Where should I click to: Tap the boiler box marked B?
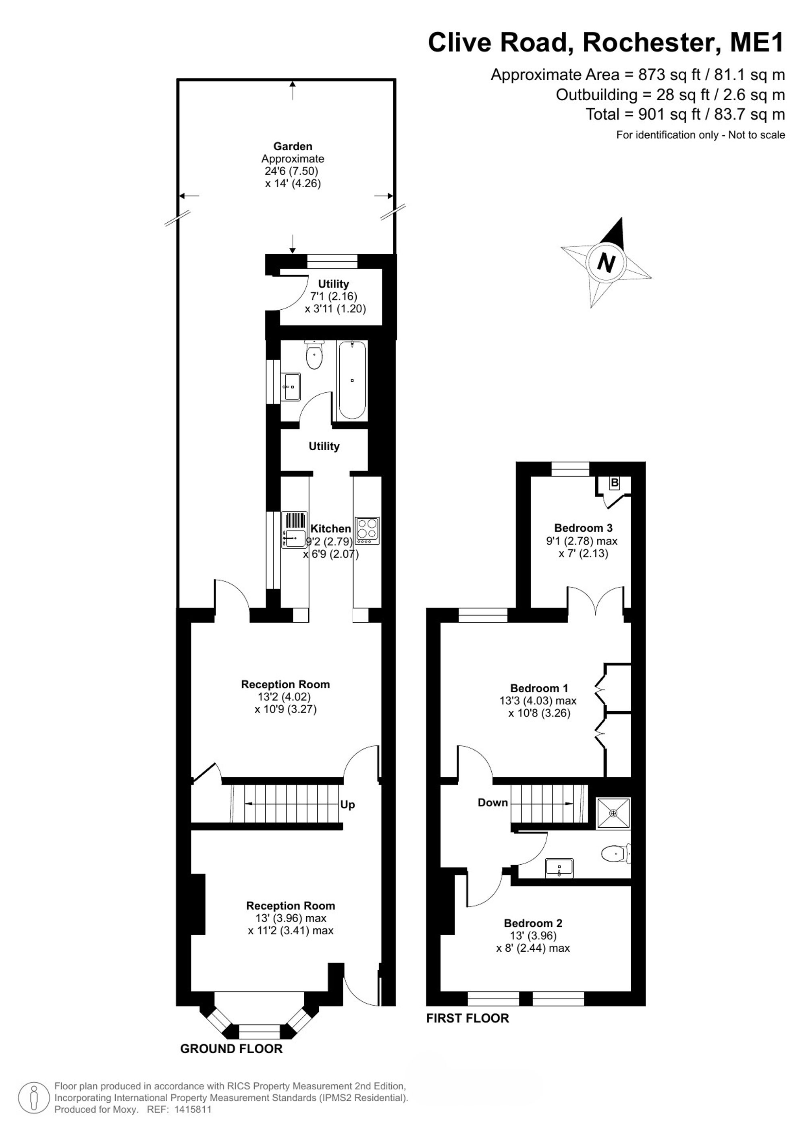tap(615, 483)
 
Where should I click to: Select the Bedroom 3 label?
tap(583, 528)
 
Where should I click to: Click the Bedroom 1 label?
tap(539, 688)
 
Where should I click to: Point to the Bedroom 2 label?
tap(533, 923)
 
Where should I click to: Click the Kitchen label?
tap(330, 529)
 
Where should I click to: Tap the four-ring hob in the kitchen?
tap(367, 531)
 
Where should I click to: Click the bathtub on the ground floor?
tap(352, 381)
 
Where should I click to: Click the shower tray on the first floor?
tap(614, 813)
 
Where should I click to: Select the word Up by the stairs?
tap(347, 805)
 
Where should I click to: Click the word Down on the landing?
tap(493, 803)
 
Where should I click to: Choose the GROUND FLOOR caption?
tap(231, 1049)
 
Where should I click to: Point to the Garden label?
tap(293, 146)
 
